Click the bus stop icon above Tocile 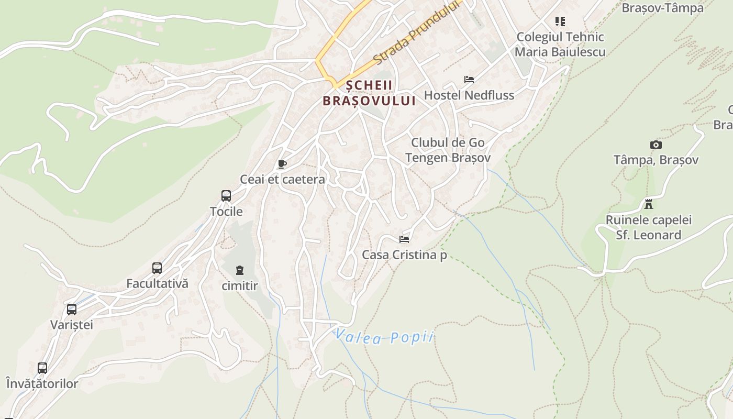point(226,196)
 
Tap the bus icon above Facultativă point(157,268)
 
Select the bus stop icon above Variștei point(72,310)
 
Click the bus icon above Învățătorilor point(42,368)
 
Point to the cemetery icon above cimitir point(240,270)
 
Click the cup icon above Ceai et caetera point(282,164)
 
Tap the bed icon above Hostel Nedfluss point(469,80)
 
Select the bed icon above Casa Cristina point(404,239)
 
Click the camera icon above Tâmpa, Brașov point(656,145)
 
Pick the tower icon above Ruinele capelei point(649,204)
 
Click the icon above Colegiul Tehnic point(560,21)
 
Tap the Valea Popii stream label point(385,336)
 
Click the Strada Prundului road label point(417,33)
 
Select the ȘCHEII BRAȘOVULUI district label point(369,93)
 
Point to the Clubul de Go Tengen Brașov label point(448,150)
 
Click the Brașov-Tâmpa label point(662,8)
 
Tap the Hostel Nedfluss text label point(469,95)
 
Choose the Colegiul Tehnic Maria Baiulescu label point(560,45)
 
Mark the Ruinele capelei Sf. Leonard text point(649,227)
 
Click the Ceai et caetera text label point(282,180)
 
